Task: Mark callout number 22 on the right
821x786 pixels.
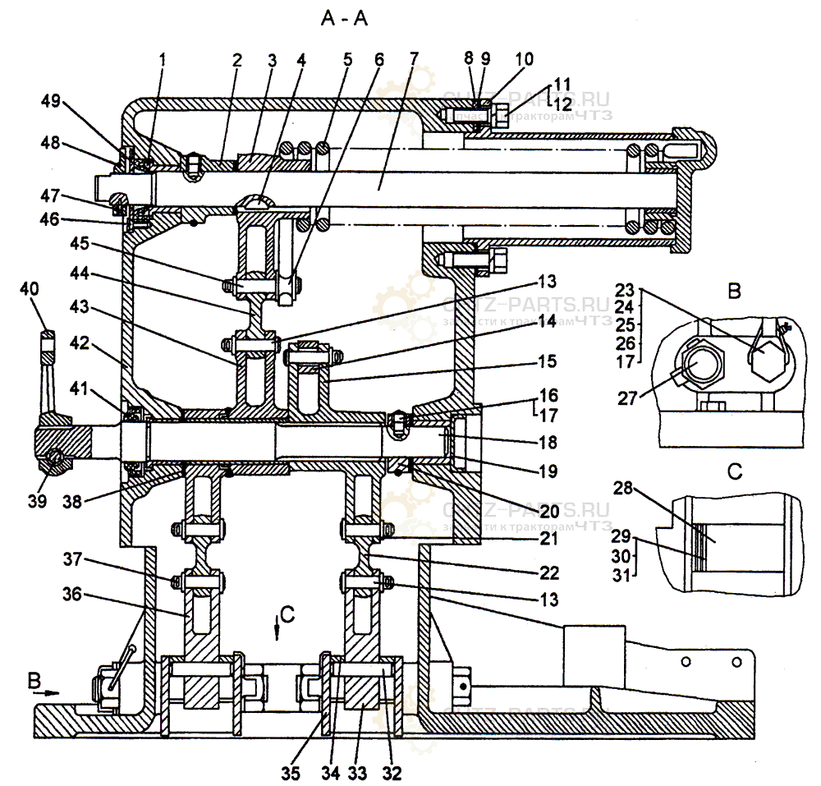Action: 548,572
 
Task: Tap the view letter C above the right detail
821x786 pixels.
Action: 735,473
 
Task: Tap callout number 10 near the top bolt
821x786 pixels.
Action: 524,59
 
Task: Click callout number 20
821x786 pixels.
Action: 548,510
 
